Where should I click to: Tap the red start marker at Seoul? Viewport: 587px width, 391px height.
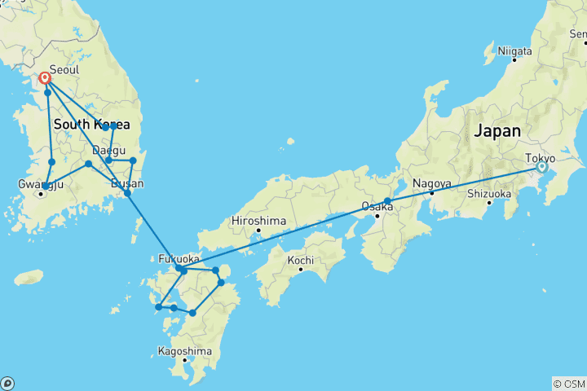(46, 79)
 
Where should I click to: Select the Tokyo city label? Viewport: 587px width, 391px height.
(540, 157)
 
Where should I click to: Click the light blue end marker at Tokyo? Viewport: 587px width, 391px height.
(541, 167)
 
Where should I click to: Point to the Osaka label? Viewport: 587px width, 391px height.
(377, 206)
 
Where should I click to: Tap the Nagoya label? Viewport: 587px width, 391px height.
(432, 183)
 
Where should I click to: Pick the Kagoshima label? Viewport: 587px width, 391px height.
(185, 351)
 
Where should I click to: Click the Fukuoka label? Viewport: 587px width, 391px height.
(178, 259)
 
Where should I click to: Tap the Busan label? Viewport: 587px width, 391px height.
(126, 183)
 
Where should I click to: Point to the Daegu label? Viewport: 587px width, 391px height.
(109, 151)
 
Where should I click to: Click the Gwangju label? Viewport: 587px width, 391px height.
(41, 184)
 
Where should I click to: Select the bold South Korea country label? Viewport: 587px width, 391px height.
(91, 125)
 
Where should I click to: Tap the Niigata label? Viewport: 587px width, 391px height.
(515, 50)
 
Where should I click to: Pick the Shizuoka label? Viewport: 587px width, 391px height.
(489, 194)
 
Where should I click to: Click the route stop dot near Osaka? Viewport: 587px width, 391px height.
(388, 201)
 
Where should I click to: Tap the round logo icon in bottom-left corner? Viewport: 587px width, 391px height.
(7, 383)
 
